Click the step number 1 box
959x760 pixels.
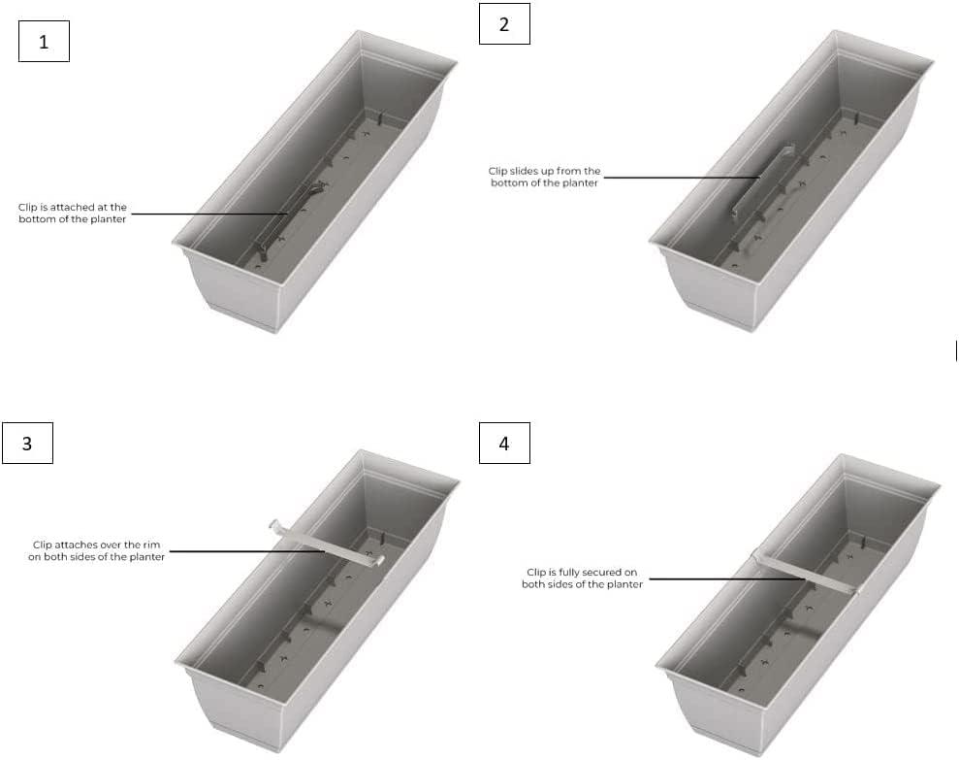coord(44,43)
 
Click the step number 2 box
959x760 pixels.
coord(504,25)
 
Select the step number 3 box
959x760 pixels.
coord(27,443)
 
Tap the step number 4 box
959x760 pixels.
coord(504,444)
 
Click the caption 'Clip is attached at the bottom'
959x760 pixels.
coord(72,214)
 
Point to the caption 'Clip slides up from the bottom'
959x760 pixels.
coord(544,177)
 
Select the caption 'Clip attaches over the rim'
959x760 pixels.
coord(96,550)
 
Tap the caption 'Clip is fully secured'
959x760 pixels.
coord(582,578)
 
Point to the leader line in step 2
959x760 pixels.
coord(679,177)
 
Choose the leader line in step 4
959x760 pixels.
coord(722,579)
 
